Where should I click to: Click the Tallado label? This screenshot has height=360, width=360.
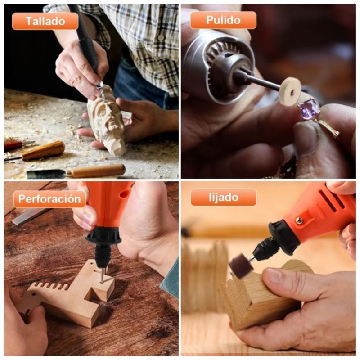point(45,21)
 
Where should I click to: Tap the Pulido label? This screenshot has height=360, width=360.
point(223,20)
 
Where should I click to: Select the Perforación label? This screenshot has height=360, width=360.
point(49,199)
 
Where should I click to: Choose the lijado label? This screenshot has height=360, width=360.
point(223,197)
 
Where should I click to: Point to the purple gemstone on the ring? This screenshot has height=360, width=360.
point(308,108)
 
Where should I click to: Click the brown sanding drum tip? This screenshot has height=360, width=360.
point(241,267)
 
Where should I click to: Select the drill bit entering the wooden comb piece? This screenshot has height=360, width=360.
point(102,275)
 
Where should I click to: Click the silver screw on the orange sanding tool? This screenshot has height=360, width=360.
point(299,220)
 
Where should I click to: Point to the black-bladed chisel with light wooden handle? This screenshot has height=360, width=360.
point(76,171)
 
